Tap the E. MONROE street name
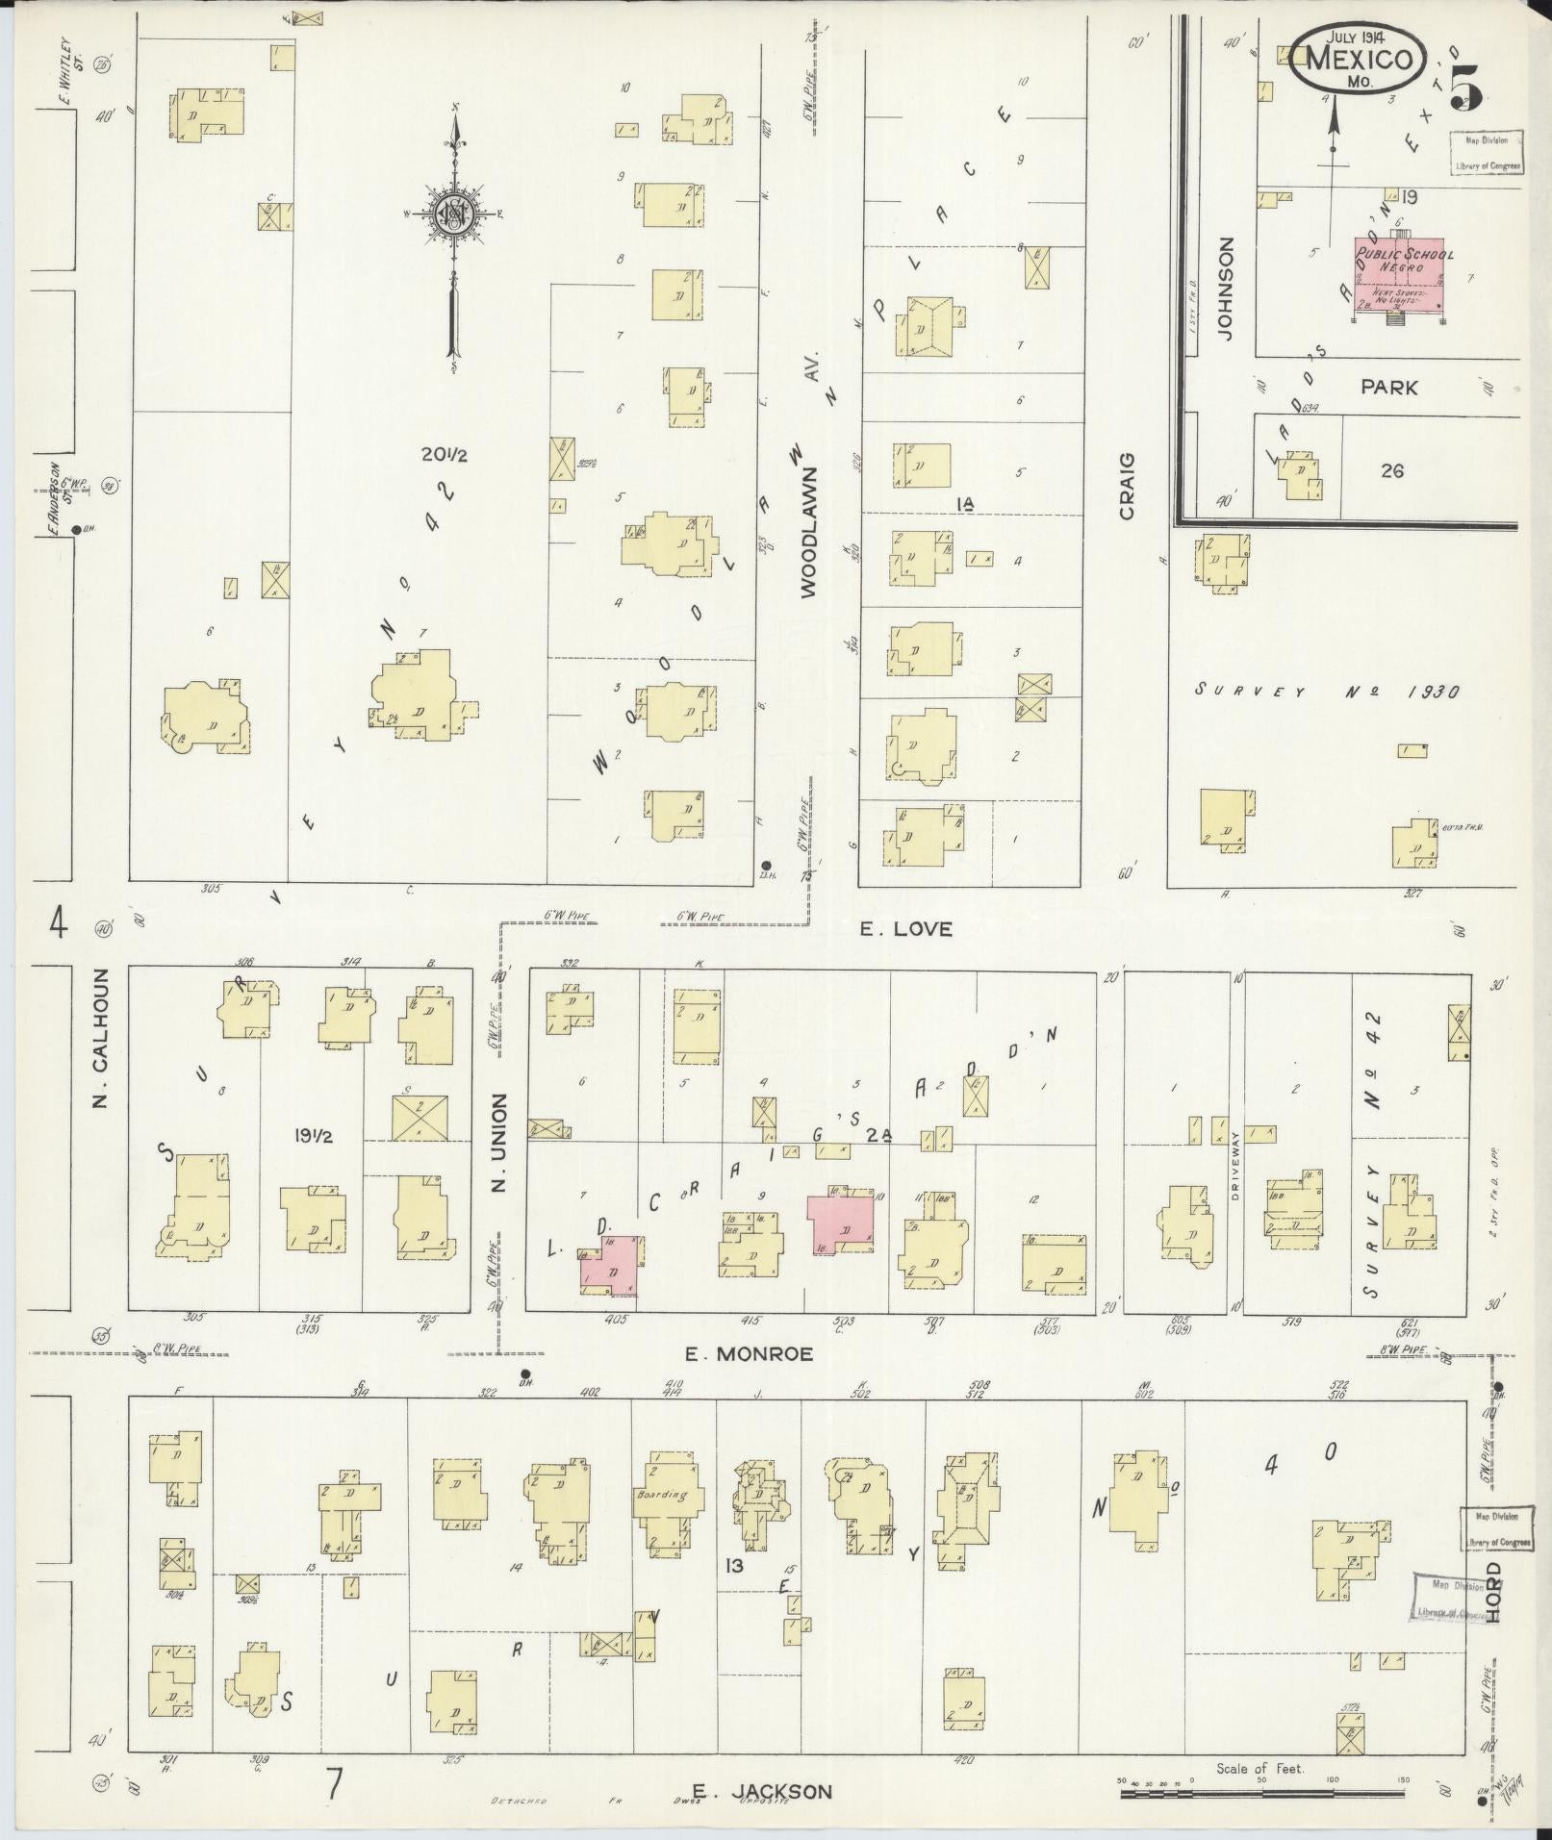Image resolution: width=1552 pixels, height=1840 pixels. [749, 1354]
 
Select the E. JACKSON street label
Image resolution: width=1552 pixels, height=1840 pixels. [761, 1791]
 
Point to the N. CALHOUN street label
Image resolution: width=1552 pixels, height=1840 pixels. [100, 1051]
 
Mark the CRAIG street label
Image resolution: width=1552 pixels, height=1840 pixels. [1127, 487]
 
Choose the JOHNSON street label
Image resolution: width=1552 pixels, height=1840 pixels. [1225, 290]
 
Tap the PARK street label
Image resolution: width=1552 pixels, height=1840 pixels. [1388, 388]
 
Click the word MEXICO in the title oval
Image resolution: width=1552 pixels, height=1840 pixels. [1360, 60]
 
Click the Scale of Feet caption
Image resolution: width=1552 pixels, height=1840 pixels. [1260, 1768]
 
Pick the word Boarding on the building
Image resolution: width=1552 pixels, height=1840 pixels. [662, 1523]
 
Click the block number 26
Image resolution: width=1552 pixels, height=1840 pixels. [1391, 471]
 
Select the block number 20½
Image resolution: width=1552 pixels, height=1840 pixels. [444, 454]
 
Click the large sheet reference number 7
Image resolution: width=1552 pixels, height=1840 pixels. [333, 1785]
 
